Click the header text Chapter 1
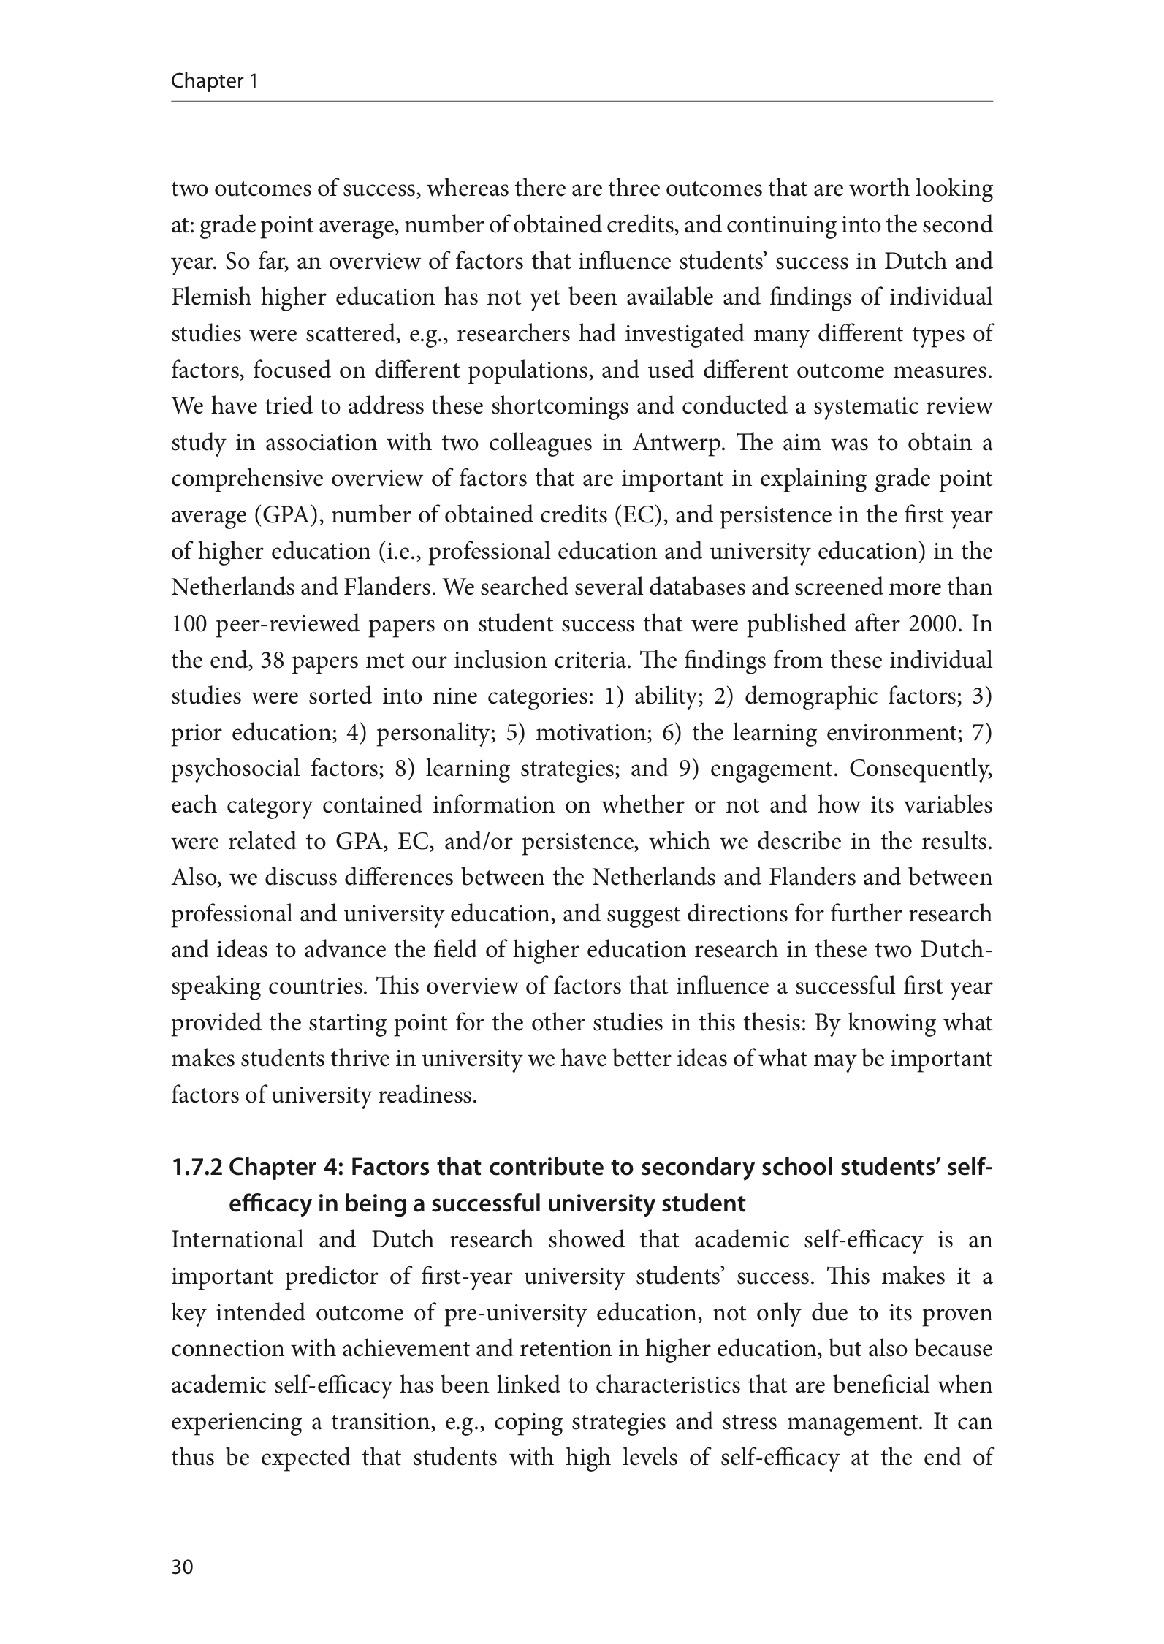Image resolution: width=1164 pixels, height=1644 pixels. coord(214,81)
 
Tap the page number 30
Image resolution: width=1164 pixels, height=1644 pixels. coord(182,1567)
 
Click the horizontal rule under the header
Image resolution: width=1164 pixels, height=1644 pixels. coord(582,101)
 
